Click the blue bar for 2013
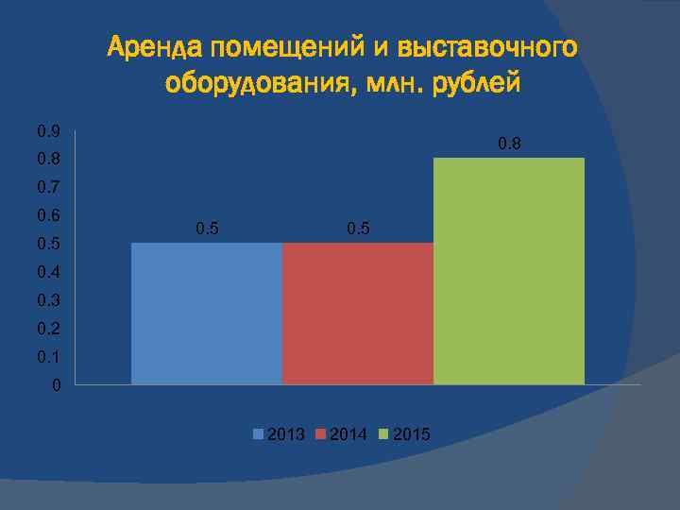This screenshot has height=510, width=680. coord(207,313)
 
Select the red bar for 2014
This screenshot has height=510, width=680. coord(358,313)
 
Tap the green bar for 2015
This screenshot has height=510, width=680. coord(509,271)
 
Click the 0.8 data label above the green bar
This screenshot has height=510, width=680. coord(509,144)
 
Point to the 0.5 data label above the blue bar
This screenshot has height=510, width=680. coord(207,229)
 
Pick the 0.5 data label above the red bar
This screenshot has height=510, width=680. coord(358,229)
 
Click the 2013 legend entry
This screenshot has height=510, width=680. coord(280,434)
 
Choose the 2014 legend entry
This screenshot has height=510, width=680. coord(342,434)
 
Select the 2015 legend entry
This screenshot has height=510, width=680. coord(404,434)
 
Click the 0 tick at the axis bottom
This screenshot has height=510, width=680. coord(57,385)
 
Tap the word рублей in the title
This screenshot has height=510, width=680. coord(476,84)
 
